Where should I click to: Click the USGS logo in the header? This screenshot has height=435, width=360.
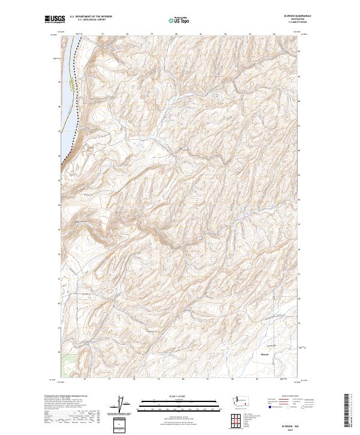54,20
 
